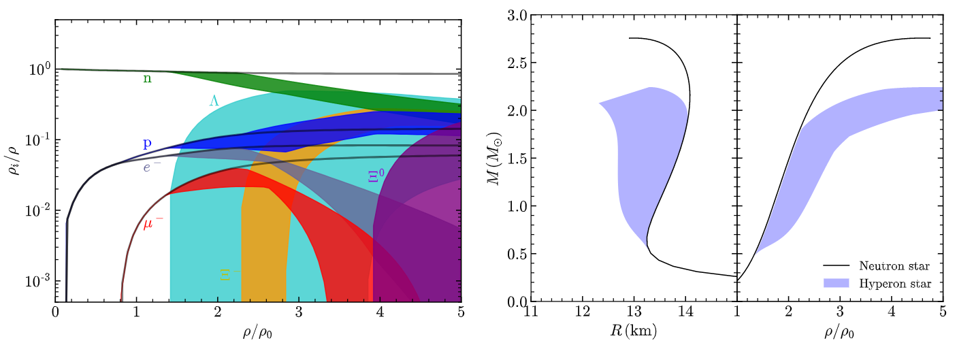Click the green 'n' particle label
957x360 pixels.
[147, 78]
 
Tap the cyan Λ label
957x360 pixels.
[214, 101]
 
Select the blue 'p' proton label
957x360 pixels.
[146, 144]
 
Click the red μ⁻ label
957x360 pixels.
[152, 223]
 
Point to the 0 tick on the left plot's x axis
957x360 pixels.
[55, 315]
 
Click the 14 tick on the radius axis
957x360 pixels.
[685, 315]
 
